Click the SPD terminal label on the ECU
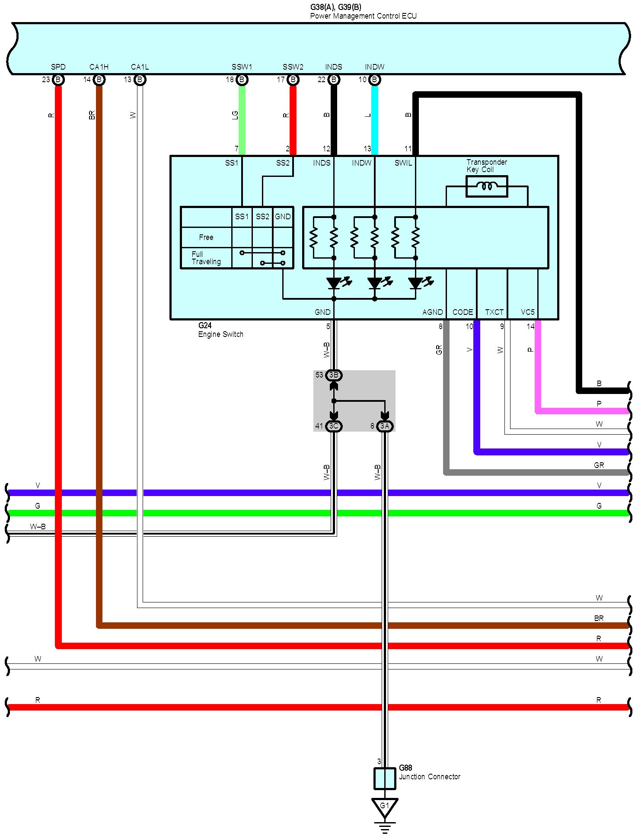tap(58, 67)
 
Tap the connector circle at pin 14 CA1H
tap(99, 80)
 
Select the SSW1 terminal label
tap(242, 67)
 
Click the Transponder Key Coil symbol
tap(487, 186)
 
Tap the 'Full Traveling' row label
tap(206, 258)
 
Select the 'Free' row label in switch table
tap(206, 237)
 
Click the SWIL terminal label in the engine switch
tap(403, 163)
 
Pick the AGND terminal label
tap(432, 312)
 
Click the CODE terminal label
tap(463, 312)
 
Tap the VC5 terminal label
tap(527, 312)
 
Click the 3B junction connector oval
tap(334, 375)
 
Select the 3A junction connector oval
tap(385, 426)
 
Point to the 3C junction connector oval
tap(334, 426)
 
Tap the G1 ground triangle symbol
tap(384, 807)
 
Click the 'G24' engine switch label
tap(205, 326)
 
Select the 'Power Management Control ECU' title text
tap(363, 16)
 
